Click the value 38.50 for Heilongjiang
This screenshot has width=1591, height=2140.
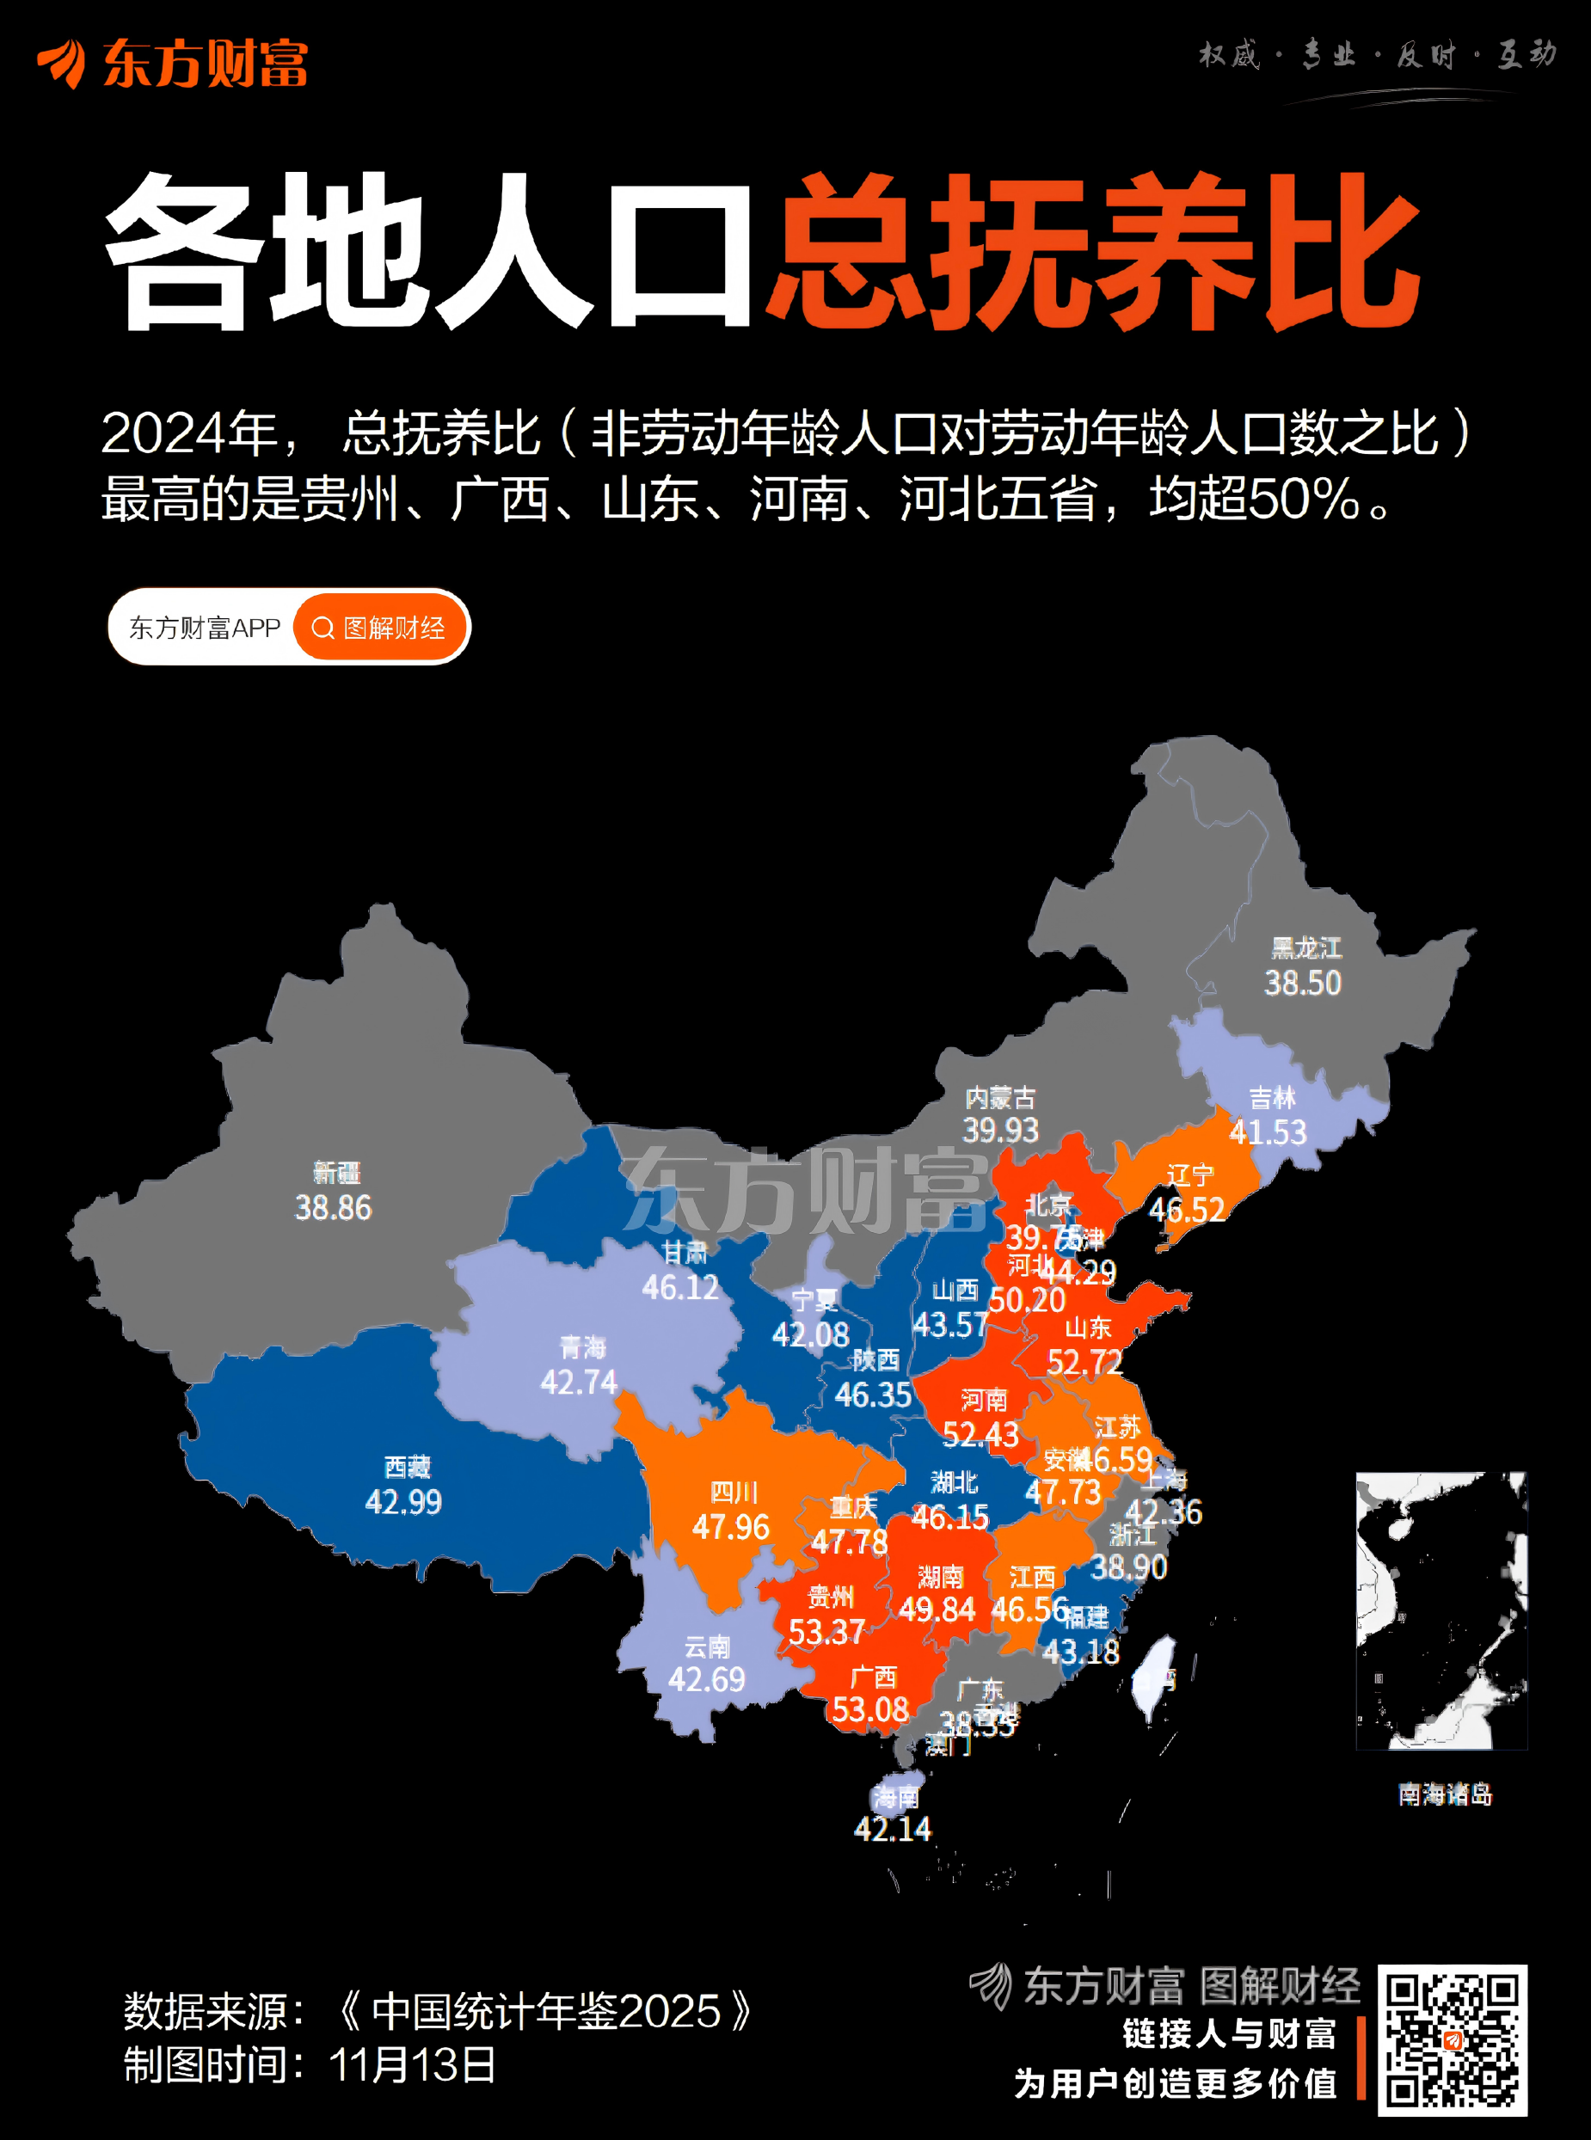[1302, 983]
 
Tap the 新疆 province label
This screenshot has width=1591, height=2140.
[336, 1173]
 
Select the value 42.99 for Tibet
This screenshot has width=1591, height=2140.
[403, 1502]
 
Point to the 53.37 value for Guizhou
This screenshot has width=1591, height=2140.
[826, 1632]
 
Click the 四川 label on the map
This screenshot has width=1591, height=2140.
[734, 1492]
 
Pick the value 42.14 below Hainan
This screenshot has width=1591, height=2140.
[893, 1828]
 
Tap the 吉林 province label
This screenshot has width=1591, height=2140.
[1272, 1097]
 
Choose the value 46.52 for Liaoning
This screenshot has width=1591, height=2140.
[1188, 1209]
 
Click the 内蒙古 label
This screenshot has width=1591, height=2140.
[1001, 1097]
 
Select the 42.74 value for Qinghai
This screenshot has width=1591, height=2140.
[578, 1383]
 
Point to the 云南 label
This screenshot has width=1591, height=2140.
[707, 1647]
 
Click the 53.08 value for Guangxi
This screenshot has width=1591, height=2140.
[869, 1710]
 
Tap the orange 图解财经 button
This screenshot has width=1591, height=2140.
[380, 628]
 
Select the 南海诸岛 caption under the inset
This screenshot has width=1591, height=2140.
[1445, 1794]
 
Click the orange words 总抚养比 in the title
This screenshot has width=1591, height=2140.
[1093, 252]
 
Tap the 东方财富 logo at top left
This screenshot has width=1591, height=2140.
[174, 64]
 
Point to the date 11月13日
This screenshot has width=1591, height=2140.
[412, 2065]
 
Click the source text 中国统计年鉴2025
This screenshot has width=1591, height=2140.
[546, 2011]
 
